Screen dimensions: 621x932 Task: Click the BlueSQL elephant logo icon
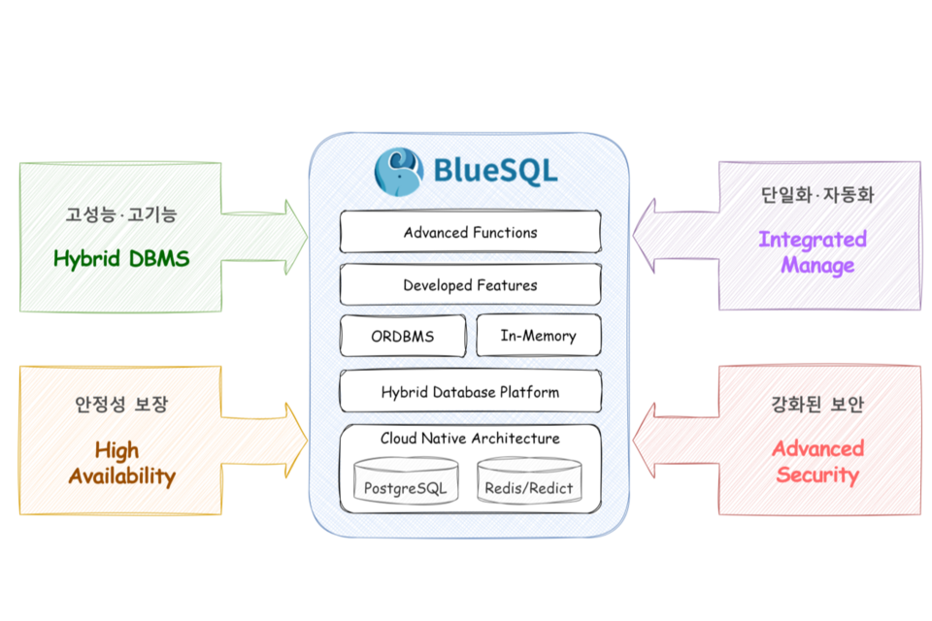tap(399, 171)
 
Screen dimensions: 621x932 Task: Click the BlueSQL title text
tap(495, 172)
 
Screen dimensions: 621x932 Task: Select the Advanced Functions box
tap(470, 232)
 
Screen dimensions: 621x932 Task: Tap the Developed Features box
tap(470, 285)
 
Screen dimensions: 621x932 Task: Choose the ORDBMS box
tap(402, 337)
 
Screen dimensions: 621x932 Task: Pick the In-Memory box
tap(538, 336)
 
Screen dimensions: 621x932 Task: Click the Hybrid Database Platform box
tap(470, 392)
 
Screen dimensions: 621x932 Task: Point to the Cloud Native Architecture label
tap(470, 439)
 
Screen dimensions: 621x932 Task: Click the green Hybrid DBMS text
tap(121, 259)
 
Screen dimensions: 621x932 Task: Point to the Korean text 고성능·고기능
tap(121, 213)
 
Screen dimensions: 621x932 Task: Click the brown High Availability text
tap(121, 463)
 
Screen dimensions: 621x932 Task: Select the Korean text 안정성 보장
tap(121, 404)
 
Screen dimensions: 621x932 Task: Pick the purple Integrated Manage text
tap(813, 252)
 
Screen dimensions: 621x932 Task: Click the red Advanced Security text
tap(817, 462)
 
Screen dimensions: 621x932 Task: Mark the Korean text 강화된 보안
tap(817, 404)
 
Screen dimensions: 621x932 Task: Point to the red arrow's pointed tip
tap(634, 439)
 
